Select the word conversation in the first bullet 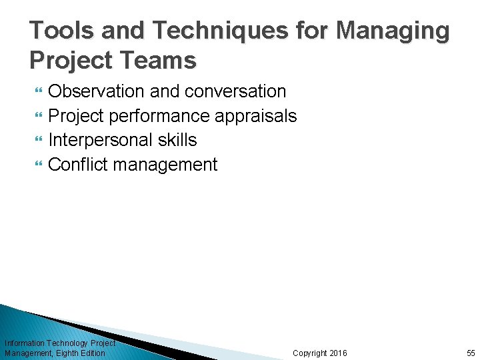(235, 91)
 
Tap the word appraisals (255, 116)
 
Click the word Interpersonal (97, 140)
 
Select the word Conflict (75, 165)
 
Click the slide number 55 (471, 353)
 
